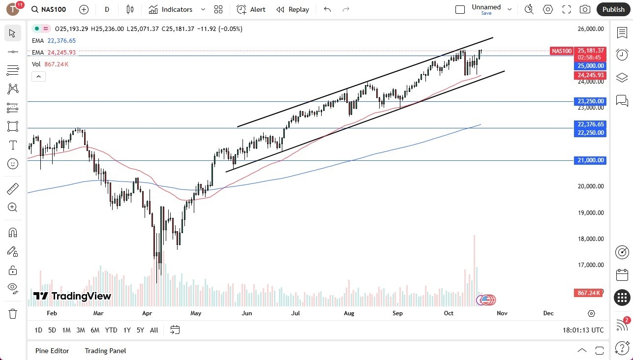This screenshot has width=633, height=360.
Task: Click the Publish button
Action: pyautogui.click(x=613, y=9)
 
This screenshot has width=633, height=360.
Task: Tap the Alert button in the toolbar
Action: pyautogui.click(x=251, y=9)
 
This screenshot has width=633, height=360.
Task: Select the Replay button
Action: pyautogui.click(x=293, y=9)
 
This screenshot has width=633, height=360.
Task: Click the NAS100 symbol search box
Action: pyautogui.click(x=54, y=9)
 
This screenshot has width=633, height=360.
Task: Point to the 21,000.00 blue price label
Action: pyautogui.click(x=591, y=160)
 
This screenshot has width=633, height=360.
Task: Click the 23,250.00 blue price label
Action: pyautogui.click(x=591, y=101)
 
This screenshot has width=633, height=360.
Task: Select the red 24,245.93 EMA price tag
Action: pyautogui.click(x=590, y=75)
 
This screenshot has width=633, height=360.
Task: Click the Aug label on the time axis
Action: pyautogui.click(x=349, y=313)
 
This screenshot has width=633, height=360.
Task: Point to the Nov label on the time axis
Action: pyautogui.click(x=502, y=313)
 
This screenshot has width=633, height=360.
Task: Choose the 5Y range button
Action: pyautogui.click(x=140, y=330)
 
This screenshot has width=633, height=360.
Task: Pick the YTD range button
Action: pyautogui.click(x=111, y=330)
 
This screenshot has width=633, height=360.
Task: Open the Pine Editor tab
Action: pyautogui.click(x=52, y=351)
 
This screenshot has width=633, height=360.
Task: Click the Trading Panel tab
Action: pyautogui.click(x=105, y=351)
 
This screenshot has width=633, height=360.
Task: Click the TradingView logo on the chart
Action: pyautogui.click(x=72, y=296)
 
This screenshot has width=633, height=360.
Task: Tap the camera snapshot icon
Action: pyautogui.click(x=585, y=9)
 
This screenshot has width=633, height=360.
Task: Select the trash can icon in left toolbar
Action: pyautogui.click(x=13, y=313)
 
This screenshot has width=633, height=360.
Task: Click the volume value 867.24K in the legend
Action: pyautogui.click(x=57, y=64)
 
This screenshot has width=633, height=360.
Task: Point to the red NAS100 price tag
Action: pyautogui.click(x=562, y=51)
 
